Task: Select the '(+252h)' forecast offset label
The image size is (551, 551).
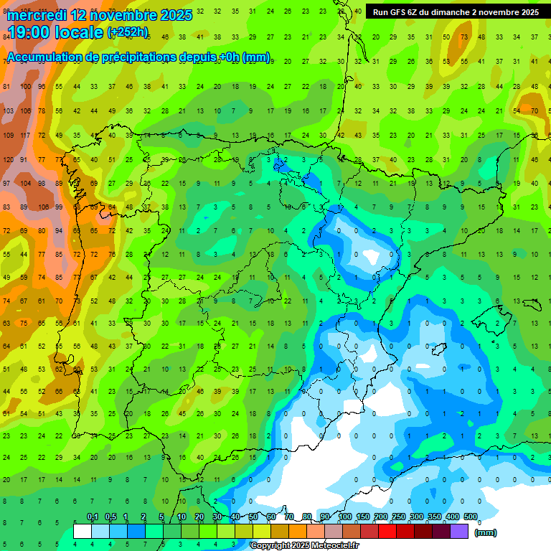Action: coord(127,32)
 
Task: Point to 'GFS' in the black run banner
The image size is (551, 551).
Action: coord(402,12)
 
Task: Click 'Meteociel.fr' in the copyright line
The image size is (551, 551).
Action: coord(334,546)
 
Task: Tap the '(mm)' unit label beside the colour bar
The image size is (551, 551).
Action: coord(486,532)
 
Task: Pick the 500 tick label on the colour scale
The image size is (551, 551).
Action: coord(470,517)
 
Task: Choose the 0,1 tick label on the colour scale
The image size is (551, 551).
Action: coord(93,517)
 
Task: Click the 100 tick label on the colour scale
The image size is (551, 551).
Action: coord(344,517)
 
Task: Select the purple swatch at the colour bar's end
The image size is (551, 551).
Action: coord(459,532)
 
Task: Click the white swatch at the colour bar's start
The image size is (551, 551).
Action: coord(83,532)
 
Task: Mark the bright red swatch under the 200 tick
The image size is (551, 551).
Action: coord(387,532)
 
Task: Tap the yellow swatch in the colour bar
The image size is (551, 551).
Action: coord(262,532)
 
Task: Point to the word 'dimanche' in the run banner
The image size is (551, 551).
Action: coord(450,12)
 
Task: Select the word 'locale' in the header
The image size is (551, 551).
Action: coord(80,32)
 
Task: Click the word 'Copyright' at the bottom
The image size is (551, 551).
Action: coord(270,546)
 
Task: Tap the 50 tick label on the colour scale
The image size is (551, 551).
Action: coord(253,517)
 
